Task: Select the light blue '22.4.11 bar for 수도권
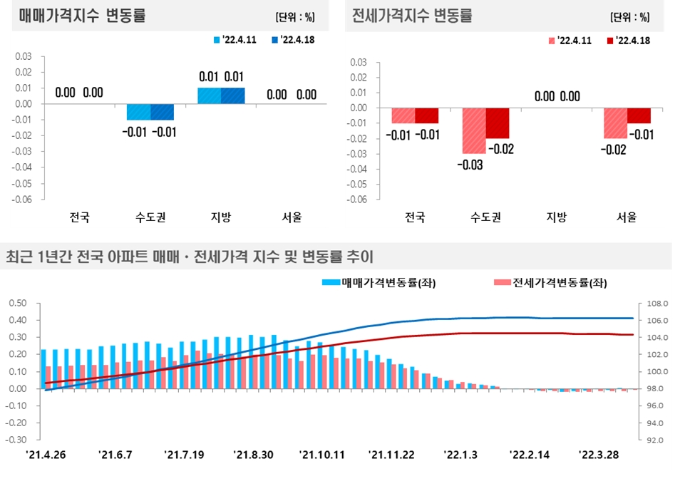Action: pyautogui.click(x=138, y=112)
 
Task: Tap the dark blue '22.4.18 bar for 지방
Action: pyautogui.click(x=232, y=96)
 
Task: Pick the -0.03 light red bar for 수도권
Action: pyautogui.click(x=474, y=130)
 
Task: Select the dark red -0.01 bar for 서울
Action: pyautogui.click(x=639, y=115)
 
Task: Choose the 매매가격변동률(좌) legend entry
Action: pyautogui.click(x=378, y=283)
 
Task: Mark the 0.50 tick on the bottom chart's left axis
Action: pyautogui.click(x=17, y=303)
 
